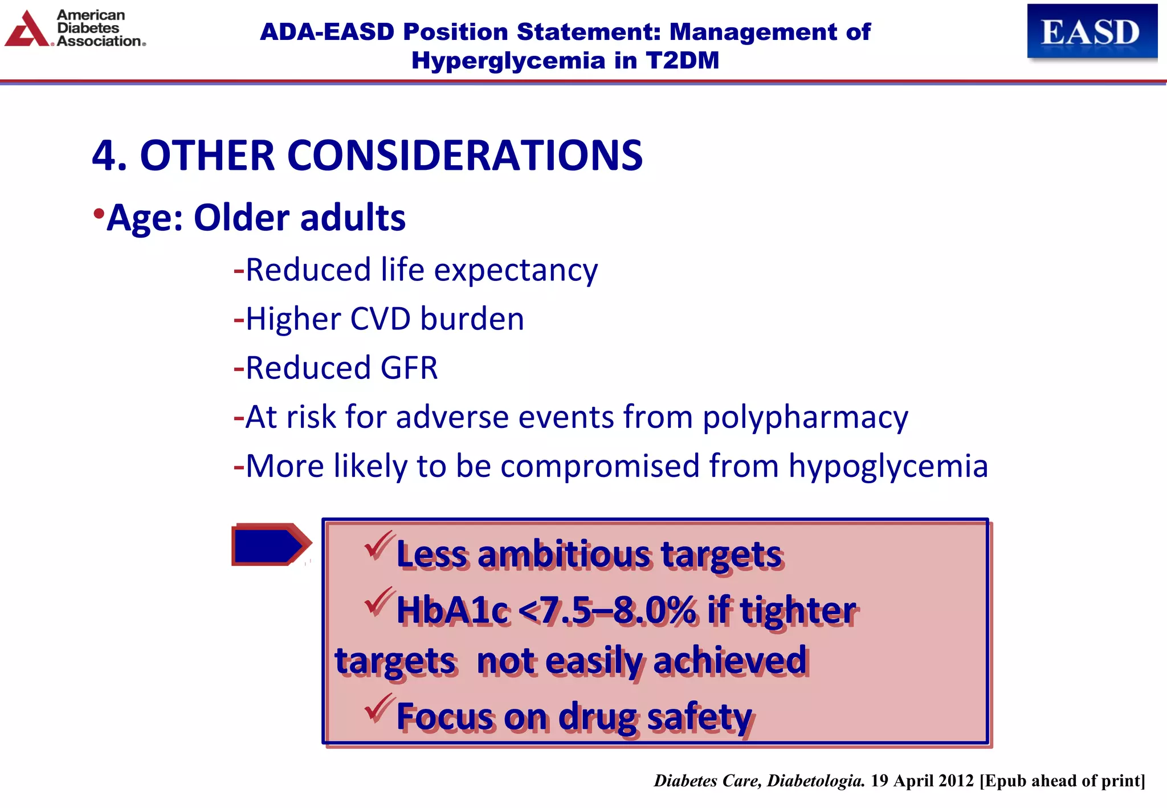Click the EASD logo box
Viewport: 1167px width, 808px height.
pyautogui.click(x=1091, y=31)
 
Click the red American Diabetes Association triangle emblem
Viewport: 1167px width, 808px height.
pyautogui.click(x=26, y=30)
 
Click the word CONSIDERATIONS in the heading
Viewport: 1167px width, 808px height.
pyautogui.click(x=464, y=156)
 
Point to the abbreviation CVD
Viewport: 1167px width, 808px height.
pyautogui.click(x=380, y=319)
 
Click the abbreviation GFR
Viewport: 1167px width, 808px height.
pyautogui.click(x=409, y=368)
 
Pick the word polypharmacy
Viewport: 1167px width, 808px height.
pyautogui.click(x=805, y=418)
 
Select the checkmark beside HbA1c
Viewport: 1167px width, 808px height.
pyautogui.click(x=378, y=602)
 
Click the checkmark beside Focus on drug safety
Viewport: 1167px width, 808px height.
pyautogui.click(x=378, y=708)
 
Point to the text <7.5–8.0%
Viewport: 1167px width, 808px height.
pyautogui.click(x=607, y=610)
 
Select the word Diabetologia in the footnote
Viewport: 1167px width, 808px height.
pyautogui.click(x=815, y=781)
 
